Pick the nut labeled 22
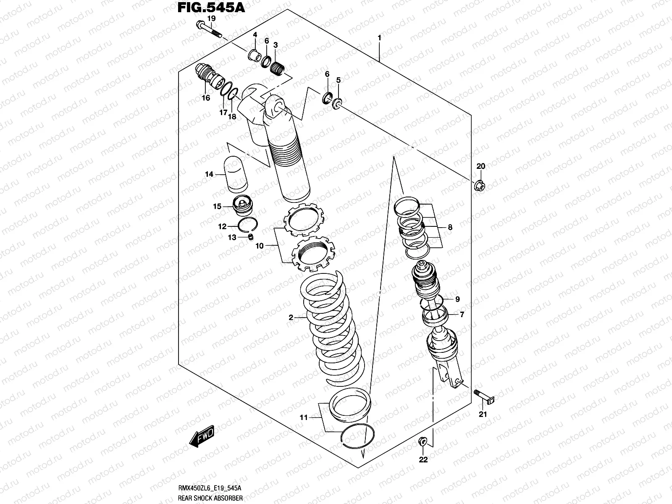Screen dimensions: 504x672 point(423,441)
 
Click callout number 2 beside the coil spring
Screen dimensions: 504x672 point(291,318)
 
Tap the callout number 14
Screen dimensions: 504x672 point(209,174)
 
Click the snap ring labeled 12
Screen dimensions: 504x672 point(248,226)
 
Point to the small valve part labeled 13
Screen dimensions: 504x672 point(251,237)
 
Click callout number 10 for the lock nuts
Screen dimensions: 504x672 point(260,246)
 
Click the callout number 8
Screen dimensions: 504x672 point(450,228)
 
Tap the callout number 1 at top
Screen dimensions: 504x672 point(379,38)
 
